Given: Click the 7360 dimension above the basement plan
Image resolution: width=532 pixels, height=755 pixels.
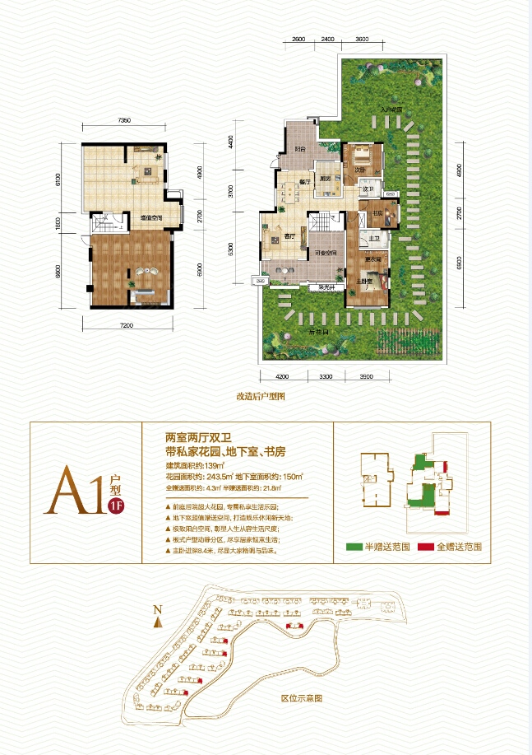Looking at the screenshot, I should click(124, 122).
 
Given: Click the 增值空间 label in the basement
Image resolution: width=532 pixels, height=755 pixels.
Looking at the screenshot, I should click(150, 217).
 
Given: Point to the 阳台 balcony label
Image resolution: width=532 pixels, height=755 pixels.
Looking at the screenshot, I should click(301, 150).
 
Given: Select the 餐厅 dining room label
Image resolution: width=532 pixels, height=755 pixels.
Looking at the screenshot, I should click(303, 181).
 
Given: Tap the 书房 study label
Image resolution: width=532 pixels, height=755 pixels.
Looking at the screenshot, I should click(379, 212).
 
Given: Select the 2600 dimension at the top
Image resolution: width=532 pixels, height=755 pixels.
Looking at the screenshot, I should click(298, 40).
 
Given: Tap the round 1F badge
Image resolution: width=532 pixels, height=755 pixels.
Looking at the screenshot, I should click(116, 506).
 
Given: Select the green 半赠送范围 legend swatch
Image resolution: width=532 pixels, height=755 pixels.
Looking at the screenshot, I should click(353, 547).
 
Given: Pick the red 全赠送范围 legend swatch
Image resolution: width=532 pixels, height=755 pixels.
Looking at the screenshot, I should click(424, 547).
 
